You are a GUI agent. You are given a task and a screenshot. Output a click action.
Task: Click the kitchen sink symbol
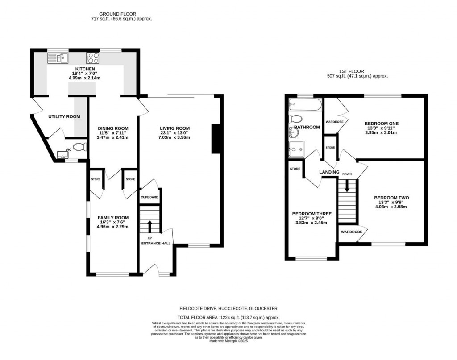tap(57, 58)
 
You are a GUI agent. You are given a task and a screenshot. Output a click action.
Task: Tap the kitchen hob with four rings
tap(93, 58)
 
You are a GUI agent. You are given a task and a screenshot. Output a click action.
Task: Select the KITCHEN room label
tap(85, 69)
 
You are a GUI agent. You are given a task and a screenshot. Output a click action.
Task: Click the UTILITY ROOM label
tap(64, 117)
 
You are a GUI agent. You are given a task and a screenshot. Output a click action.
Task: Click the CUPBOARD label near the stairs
tap(150, 197)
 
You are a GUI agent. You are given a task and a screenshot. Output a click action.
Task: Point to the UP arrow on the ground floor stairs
tap(150, 225)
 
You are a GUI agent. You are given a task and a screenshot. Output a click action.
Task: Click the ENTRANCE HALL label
tap(156, 244)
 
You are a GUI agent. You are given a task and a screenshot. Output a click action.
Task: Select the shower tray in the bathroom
tap(296, 148)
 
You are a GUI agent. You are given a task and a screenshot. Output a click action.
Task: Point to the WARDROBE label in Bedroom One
tap(334, 121)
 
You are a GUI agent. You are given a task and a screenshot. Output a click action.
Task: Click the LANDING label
tap(329, 172)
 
